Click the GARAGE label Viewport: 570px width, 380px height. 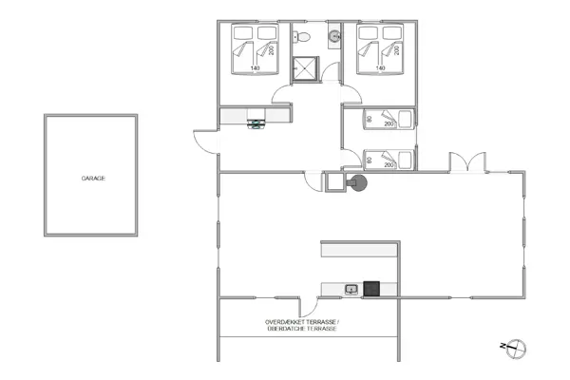pos(92,177)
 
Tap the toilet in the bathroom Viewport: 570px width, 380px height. pos(299,38)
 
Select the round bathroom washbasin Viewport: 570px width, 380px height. pos(334,37)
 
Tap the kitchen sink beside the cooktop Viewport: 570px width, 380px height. pos(351,288)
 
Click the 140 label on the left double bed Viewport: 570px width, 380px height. pos(255,68)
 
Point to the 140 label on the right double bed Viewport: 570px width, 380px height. pos(380,68)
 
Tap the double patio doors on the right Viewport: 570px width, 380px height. pos(462,162)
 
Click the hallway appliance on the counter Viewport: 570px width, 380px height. pos(256,123)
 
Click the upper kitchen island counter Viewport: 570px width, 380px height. pos(360,249)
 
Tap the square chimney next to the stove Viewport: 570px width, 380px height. pos(335,181)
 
